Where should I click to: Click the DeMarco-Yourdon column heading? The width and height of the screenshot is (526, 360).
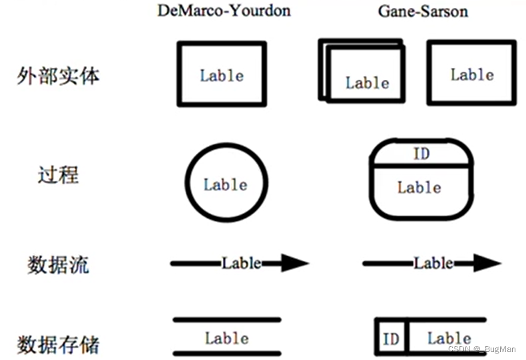[x=224, y=11]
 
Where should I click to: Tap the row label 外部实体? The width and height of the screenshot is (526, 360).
[x=59, y=75]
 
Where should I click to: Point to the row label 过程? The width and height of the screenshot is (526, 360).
[x=59, y=175]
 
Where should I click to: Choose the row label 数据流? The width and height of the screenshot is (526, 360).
[x=59, y=264]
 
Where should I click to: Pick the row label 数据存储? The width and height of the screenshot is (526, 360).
[x=59, y=345]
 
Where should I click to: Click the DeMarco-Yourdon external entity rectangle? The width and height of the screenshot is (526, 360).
[x=222, y=74]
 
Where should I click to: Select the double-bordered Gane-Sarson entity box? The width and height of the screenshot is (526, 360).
[x=364, y=72]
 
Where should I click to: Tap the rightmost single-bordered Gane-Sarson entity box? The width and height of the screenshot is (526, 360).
[x=471, y=73]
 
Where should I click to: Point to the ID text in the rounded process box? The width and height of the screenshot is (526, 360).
[x=421, y=154]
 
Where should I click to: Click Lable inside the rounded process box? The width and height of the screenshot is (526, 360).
[x=419, y=188]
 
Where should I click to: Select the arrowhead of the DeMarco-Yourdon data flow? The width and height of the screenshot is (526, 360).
[x=294, y=264]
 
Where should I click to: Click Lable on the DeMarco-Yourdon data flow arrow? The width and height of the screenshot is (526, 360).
[x=242, y=263]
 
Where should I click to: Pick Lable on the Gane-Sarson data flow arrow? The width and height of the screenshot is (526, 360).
[x=433, y=263]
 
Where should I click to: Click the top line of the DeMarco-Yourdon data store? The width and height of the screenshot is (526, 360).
[x=227, y=319]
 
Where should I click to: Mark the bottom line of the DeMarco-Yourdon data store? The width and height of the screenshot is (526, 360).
[x=227, y=353]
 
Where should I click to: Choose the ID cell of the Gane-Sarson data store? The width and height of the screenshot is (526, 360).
[x=391, y=339]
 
